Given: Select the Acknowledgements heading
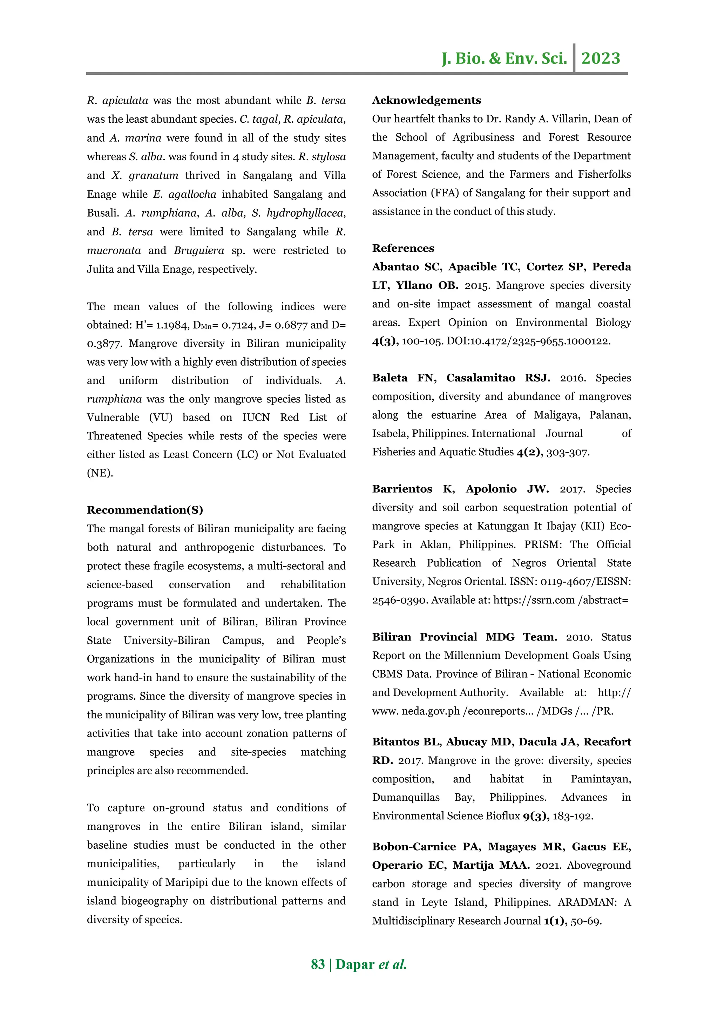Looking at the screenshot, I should [426, 101].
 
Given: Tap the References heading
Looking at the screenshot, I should [403, 248].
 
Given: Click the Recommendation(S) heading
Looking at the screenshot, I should [145, 510].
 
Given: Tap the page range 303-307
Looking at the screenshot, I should [568, 452].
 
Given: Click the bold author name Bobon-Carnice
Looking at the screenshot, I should [414, 847].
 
